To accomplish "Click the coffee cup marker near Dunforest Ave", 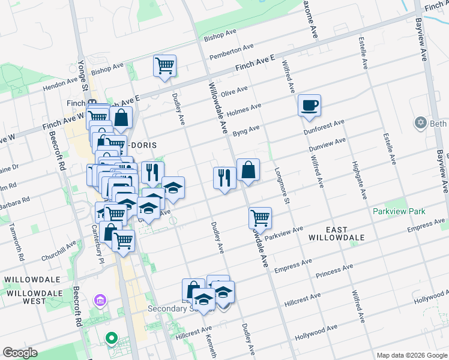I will pyautogui.click(x=310, y=106).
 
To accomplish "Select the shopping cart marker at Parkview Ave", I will pyautogui.click(x=260, y=218).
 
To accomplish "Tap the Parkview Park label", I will pyautogui.click(x=399, y=211).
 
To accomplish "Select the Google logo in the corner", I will pyautogui.click(x=20, y=353).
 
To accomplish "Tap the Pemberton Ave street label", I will pyautogui.click(x=232, y=52).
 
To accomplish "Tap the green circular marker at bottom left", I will pyautogui.click(x=111, y=338).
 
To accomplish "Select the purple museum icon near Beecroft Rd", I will pyautogui.click(x=100, y=299).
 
